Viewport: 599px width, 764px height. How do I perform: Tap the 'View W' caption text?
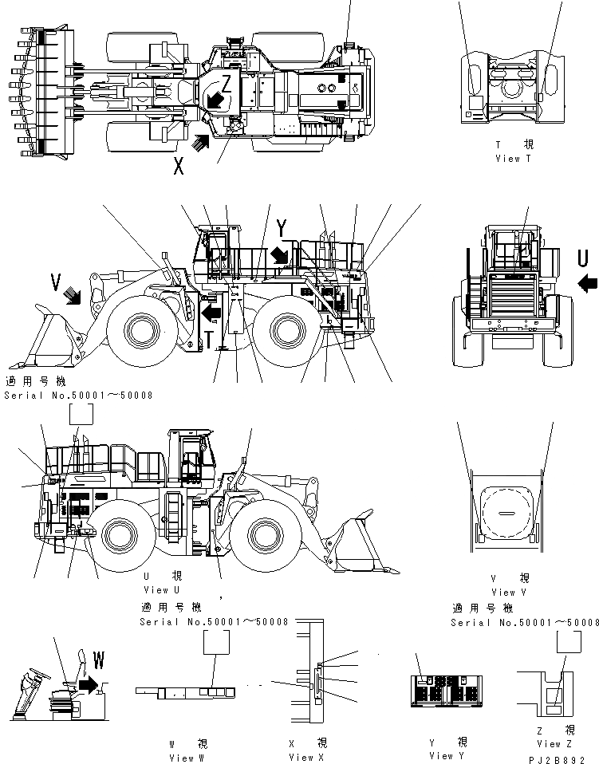tap(187, 758)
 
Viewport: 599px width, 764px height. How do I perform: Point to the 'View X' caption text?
tap(306, 758)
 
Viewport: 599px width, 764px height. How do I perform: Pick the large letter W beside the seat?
tap(99, 660)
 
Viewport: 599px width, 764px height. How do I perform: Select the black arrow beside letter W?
tap(89, 683)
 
